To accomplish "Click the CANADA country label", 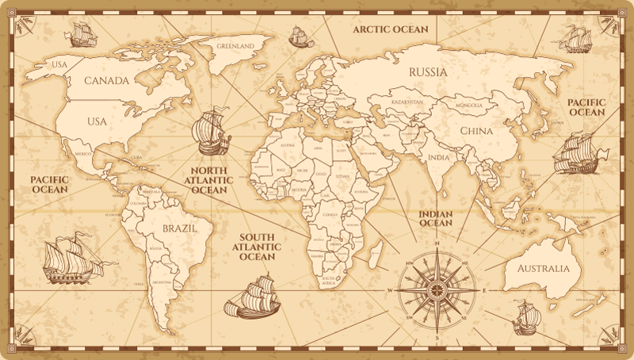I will [x=106, y=81].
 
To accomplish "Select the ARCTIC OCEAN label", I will [x=390, y=29].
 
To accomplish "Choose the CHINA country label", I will [x=476, y=130].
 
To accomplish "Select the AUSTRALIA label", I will [x=543, y=268].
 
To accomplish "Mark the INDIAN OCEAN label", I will [x=436, y=218].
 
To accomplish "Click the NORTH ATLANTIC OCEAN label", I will [x=209, y=181].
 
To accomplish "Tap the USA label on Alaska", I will [x=59, y=63].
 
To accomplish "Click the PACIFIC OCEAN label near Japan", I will [x=586, y=108].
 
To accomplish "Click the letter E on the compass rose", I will [x=483, y=291].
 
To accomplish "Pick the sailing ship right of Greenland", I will [x=300, y=36].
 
